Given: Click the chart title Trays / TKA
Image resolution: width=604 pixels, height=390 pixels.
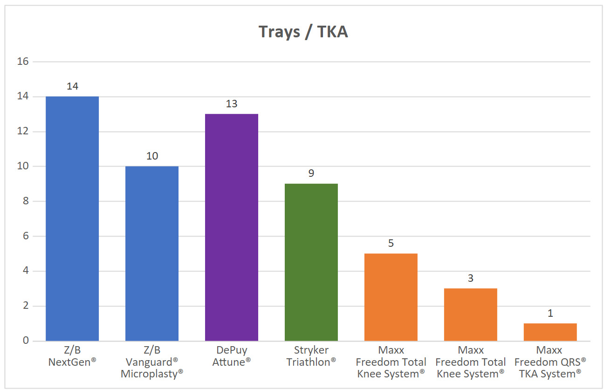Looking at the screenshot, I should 303,32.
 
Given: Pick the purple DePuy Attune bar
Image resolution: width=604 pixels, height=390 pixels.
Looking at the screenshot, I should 232,227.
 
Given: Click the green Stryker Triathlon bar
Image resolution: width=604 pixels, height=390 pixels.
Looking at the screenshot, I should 311,262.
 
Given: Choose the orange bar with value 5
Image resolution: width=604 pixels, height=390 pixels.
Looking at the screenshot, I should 391,297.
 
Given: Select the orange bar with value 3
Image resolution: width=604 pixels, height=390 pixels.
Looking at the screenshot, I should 471,314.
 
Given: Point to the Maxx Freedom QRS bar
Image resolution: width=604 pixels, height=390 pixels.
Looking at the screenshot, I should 550,332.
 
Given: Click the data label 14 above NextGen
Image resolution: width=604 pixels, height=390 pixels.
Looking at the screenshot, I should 72,86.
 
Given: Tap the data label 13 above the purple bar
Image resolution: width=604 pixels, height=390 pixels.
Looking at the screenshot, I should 232,104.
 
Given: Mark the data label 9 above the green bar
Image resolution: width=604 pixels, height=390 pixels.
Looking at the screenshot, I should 311,174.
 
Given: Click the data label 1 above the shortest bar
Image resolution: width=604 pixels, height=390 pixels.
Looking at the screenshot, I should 550,313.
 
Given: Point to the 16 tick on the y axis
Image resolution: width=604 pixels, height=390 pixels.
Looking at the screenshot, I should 22,62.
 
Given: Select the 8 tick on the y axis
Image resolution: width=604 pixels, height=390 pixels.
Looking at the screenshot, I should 24,201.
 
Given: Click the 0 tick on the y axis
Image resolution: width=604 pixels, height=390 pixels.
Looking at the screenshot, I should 24,341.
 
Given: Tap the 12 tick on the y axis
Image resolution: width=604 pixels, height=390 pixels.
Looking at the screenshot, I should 22,132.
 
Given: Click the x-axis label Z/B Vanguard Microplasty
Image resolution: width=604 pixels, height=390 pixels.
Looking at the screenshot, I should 152,362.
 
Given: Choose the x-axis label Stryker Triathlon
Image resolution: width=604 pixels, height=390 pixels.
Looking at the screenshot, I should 311,356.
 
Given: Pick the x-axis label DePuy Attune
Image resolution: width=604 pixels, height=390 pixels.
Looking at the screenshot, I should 232,356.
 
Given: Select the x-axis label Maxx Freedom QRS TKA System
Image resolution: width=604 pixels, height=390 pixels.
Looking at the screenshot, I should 550,362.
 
